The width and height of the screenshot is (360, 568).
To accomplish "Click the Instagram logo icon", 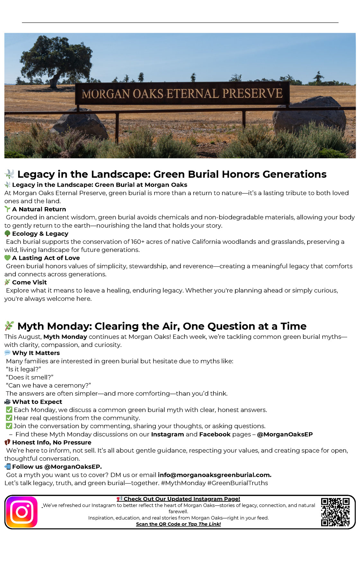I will coord(22,512).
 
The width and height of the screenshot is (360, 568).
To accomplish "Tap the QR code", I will coord(335,512).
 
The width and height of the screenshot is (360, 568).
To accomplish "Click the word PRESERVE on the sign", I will coord(252,93).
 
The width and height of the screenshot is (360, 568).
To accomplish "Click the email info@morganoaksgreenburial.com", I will coord(214,475).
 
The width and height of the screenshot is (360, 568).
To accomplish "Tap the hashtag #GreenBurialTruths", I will coord(238,483).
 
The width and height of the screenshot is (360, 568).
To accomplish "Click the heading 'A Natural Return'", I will coord(39,209).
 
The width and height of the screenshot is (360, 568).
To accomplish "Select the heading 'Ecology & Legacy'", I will coord(40,234).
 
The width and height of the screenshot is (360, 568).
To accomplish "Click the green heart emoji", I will coord(7,258).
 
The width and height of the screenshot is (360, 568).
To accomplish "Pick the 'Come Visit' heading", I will coord(29,282).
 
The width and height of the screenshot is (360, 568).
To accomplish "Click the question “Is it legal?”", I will coord(23,369).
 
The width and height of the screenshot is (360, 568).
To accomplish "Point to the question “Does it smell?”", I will coord(30,377).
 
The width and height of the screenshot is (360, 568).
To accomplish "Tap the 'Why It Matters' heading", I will coord(36,353).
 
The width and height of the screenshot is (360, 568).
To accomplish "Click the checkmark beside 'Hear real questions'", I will coord(9,418).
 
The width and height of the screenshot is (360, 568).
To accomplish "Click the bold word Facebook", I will coord(215,434).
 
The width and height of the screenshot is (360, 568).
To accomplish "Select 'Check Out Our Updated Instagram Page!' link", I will coord(182,499).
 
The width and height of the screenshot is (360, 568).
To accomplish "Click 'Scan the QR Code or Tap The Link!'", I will coord(178,524).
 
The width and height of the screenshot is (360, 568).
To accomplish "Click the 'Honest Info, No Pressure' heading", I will coord(51,442).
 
